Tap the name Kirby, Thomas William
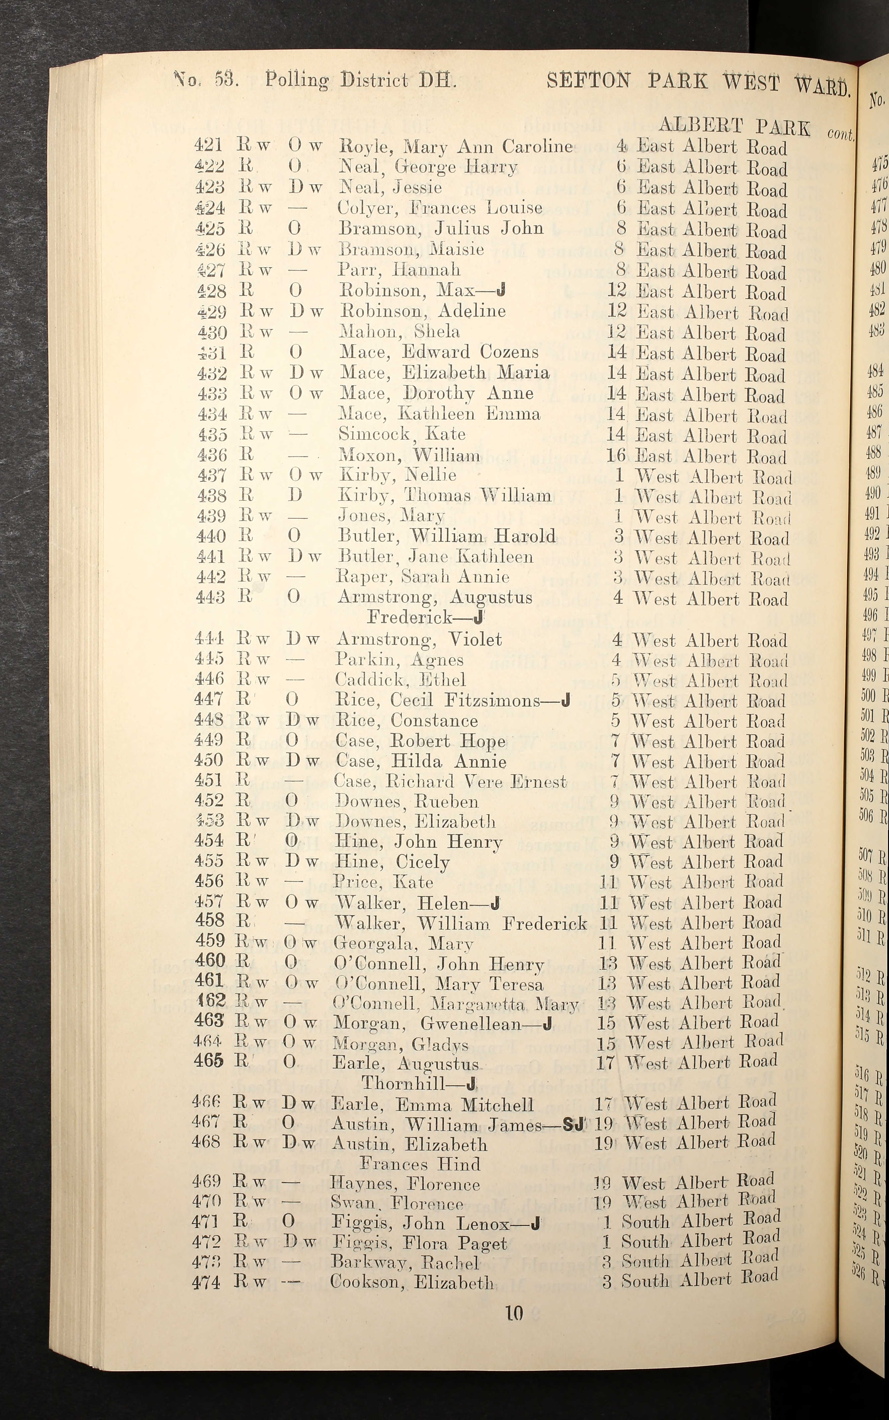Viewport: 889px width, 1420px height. (x=444, y=496)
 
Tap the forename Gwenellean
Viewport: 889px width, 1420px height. (x=470, y=1024)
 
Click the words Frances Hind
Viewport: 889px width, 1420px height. (x=420, y=1164)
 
